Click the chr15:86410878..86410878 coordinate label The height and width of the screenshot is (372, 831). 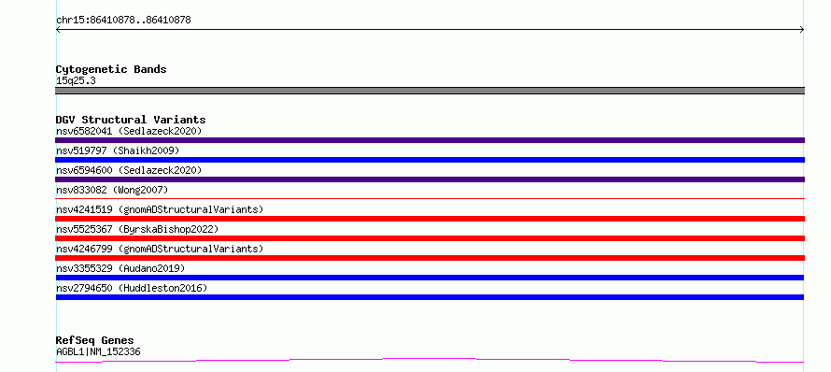123,21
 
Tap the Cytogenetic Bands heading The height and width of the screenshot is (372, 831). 111,69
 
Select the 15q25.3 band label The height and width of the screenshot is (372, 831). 76,81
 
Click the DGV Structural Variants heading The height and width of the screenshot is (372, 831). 131,120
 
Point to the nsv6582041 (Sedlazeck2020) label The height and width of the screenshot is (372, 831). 129,131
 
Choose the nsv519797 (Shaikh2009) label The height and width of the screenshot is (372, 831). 118,150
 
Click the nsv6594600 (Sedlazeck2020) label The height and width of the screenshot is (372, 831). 129,170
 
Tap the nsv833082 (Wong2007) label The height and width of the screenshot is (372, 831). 112,190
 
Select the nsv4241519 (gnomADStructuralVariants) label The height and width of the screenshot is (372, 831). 160,209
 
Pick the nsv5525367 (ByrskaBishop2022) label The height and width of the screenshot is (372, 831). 137,229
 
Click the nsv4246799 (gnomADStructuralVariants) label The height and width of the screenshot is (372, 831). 160,249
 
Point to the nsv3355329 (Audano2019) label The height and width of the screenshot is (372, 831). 120,268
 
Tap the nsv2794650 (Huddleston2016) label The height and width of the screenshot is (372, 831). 132,288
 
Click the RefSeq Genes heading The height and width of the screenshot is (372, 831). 95,340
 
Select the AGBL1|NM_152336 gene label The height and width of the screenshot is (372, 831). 98,351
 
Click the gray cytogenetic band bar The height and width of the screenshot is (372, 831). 430,91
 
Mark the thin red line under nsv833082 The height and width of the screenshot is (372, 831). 430,198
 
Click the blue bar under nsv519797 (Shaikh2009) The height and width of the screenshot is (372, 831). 430,160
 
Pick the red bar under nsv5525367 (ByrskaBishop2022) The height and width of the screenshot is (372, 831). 430,238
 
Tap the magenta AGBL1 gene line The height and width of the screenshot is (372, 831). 430,361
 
